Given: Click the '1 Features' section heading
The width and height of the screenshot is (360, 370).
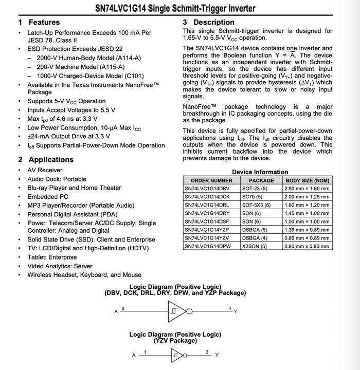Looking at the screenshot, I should [x=39, y=22].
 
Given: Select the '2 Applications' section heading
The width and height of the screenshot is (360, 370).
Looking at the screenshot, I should [x=46, y=159].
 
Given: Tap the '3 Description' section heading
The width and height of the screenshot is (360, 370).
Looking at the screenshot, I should [x=208, y=22].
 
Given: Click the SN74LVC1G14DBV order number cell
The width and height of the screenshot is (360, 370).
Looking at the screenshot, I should [x=211, y=189].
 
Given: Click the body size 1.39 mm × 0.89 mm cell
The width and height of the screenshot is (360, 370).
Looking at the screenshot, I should [x=307, y=230].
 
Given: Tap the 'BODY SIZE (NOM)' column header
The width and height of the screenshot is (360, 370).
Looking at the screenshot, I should [x=307, y=180].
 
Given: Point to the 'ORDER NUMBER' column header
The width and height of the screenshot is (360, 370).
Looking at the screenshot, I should [x=211, y=180].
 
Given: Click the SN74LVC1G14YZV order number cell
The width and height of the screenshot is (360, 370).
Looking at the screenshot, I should [x=211, y=238].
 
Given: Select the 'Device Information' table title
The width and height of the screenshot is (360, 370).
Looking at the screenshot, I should [x=260, y=172].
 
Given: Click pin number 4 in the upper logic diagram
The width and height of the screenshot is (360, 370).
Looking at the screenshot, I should [x=230, y=308].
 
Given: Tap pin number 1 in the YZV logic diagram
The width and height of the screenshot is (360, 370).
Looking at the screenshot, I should [x=146, y=351].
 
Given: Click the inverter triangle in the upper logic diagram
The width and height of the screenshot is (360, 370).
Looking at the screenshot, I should [x=176, y=311].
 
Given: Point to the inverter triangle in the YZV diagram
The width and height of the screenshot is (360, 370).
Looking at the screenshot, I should [x=177, y=355].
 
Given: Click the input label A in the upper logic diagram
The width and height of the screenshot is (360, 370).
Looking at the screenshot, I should [x=116, y=311].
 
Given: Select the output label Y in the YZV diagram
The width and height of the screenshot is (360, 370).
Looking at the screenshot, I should [x=217, y=355].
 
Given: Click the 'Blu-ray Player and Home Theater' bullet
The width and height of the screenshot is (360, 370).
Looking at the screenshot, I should [x=74, y=188].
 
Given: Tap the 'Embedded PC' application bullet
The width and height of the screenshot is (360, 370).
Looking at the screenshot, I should [x=48, y=196].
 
